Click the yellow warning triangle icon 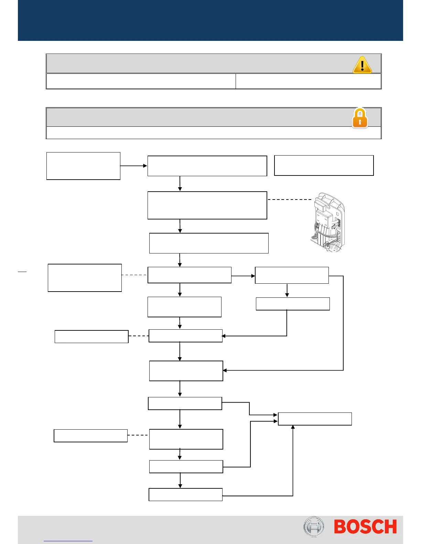pyautogui.click(x=362, y=65)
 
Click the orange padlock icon pyautogui.click(x=360, y=118)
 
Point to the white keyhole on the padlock pyautogui.click(x=360, y=122)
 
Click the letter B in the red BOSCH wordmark pyautogui.click(x=342, y=527)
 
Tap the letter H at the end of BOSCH pyautogui.click(x=390, y=527)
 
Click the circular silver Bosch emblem pyautogui.click(x=314, y=526)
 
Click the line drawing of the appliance pyautogui.click(x=327, y=223)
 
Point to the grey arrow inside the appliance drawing pyautogui.click(x=334, y=226)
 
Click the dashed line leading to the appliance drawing pyautogui.click(x=289, y=200)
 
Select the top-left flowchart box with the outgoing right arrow pyautogui.click(x=83, y=166)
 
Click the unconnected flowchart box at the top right pyautogui.click(x=324, y=166)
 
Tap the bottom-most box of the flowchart pyautogui.click(x=185, y=495)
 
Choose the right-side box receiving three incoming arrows pyautogui.click(x=315, y=419)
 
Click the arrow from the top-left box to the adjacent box pyautogui.click(x=134, y=166)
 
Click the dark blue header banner pyautogui.click(x=210, y=21)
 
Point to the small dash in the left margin pyautogui.click(x=22, y=272)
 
